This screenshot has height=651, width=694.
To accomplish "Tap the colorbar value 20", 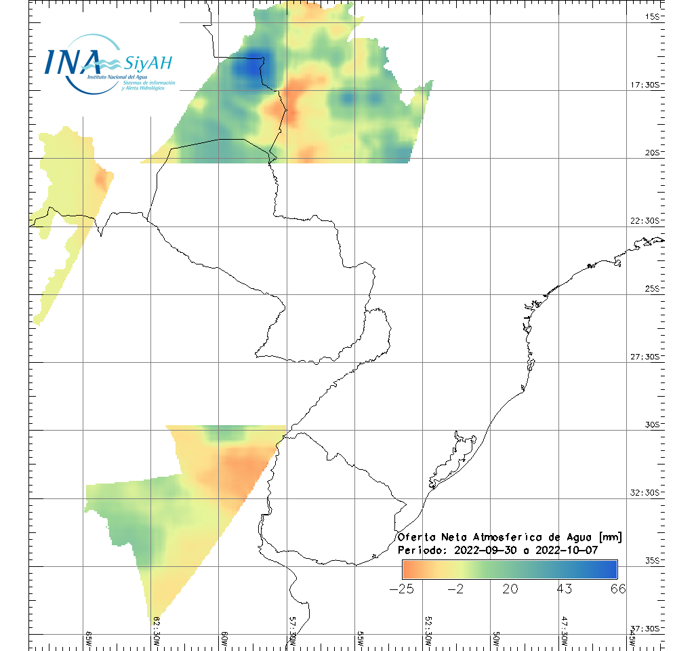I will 510,589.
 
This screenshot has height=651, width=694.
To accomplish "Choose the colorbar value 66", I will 617,589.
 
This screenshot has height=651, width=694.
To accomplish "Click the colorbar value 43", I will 564,589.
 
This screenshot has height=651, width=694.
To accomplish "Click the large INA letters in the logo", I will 71,62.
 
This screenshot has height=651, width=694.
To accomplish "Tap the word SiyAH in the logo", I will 148,63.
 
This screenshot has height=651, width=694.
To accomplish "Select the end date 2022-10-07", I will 566,550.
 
